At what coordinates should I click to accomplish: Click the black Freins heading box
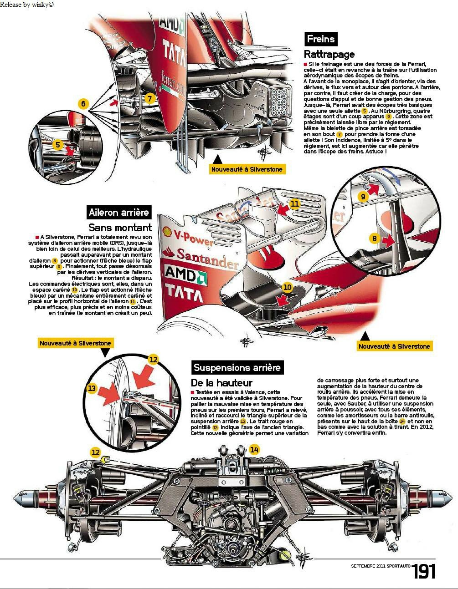(321, 39)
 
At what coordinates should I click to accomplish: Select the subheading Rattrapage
(329, 54)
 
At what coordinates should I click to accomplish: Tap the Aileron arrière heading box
(119, 212)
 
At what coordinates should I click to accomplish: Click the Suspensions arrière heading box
(237, 367)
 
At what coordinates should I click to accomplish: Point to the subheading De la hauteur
(221, 383)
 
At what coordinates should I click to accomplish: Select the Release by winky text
(27, 5)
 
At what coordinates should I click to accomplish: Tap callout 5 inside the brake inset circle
(58, 144)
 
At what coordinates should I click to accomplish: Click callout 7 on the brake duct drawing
(149, 99)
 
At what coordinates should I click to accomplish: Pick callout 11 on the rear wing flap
(295, 203)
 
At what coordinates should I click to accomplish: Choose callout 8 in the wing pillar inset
(375, 239)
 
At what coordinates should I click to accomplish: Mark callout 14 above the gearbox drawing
(254, 450)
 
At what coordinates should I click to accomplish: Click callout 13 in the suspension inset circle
(92, 388)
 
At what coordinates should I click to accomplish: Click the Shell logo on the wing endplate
(167, 231)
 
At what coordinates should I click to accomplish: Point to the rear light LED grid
(278, 102)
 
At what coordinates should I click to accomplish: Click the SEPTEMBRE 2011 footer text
(368, 566)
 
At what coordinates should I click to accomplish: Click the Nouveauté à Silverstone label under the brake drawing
(247, 169)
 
